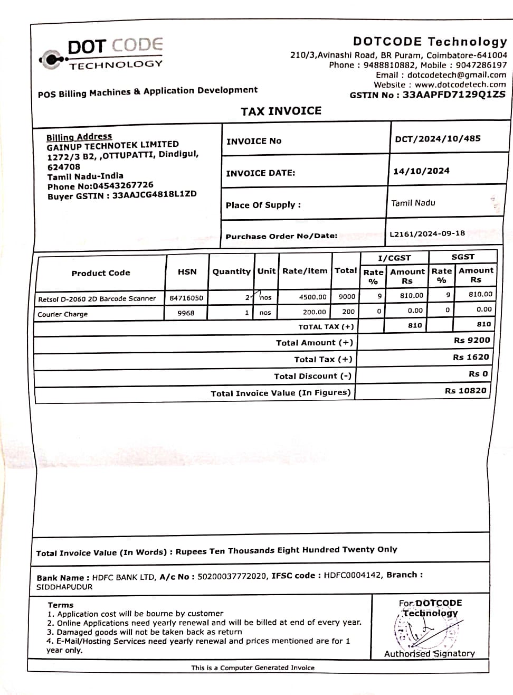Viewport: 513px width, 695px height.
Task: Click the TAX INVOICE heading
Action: pyautogui.click(x=281, y=111)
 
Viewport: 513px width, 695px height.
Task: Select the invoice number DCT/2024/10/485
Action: pyautogui.click(x=438, y=139)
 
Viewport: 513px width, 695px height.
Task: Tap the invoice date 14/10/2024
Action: pyautogui.click(x=421, y=171)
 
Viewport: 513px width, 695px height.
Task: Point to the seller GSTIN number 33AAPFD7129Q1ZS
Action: pyautogui.click(x=454, y=95)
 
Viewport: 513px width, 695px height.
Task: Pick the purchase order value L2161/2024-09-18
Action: pyautogui.click(x=427, y=233)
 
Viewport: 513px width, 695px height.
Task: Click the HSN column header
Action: pyautogui.click(x=187, y=272)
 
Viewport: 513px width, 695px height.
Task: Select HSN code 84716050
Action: pyautogui.click(x=186, y=298)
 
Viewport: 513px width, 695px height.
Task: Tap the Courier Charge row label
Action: pyautogui.click(x=63, y=314)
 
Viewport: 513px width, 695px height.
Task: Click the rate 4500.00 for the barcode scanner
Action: pyautogui.click(x=312, y=297)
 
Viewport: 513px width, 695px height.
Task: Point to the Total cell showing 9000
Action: pyautogui.click(x=347, y=297)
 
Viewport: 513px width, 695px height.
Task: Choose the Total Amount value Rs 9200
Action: pyautogui.click(x=471, y=341)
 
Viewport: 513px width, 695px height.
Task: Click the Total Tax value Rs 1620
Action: pyautogui.click(x=471, y=358)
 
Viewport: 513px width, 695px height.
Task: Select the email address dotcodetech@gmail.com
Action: pyautogui.click(x=457, y=75)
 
